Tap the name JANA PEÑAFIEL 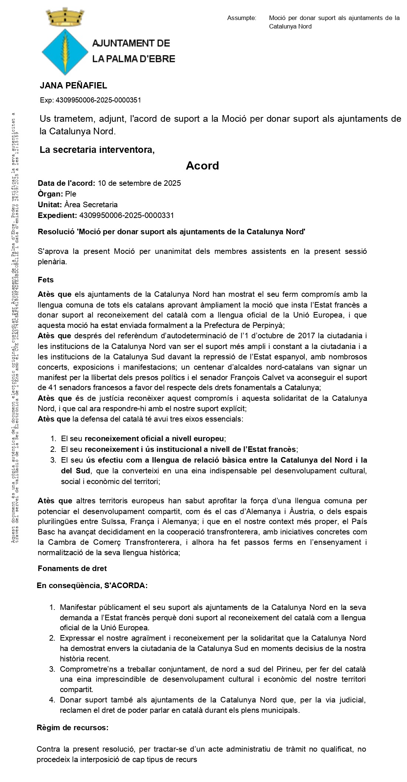[x=73, y=85]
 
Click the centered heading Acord [x=202, y=165]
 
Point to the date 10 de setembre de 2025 [x=139, y=183]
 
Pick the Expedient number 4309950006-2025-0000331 [x=126, y=215]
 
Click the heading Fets [x=45, y=280]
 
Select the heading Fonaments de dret [x=72, y=568]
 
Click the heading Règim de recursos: [x=72, y=728]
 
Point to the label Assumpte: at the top [x=241, y=18]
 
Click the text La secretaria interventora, [x=97, y=150]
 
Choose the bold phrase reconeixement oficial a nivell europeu [x=154, y=439]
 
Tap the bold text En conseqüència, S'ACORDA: [x=92, y=586]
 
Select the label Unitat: [x=50, y=205]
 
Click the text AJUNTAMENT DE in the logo [x=131, y=43]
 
